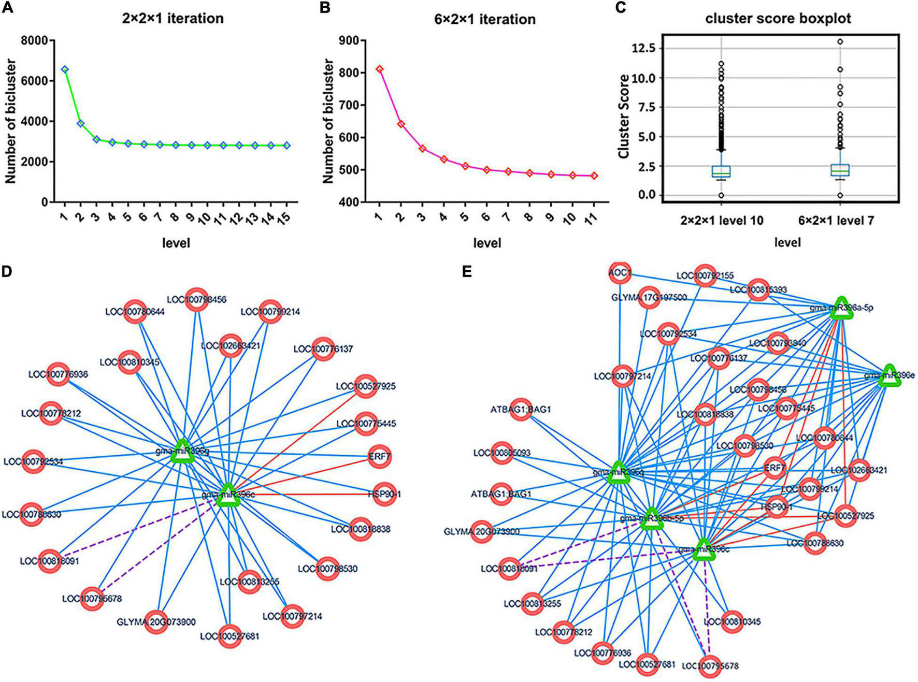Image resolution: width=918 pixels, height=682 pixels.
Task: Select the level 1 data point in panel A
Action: (x=65, y=69)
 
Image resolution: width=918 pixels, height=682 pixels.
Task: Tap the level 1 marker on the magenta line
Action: (x=380, y=69)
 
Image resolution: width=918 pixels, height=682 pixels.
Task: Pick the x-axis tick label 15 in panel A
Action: (x=284, y=216)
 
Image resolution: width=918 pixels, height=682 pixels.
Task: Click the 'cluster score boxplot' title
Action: (x=778, y=19)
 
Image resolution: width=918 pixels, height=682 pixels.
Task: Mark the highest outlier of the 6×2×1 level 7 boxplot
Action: (x=840, y=41)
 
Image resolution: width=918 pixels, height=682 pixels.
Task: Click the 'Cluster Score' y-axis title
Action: (x=624, y=117)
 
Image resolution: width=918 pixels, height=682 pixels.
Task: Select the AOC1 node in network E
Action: (x=620, y=273)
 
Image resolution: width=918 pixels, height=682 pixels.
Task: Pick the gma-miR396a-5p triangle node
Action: (x=841, y=309)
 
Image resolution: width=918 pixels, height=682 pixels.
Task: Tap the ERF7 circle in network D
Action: (x=380, y=457)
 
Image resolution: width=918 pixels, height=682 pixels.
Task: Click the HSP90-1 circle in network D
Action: (x=380, y=494)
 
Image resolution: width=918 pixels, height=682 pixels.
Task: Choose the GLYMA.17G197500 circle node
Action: (x=649, y=298)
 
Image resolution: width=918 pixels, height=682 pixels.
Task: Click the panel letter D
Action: (x=7, y=271)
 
